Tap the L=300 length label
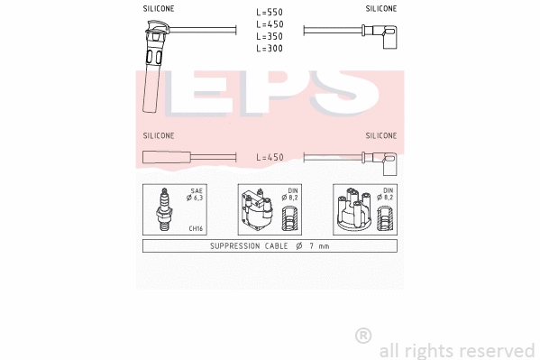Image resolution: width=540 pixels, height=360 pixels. [x=270, y=49]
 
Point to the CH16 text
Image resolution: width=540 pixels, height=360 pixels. [x=196, y=229]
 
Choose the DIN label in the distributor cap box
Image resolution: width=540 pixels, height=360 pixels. [x=388, y=191]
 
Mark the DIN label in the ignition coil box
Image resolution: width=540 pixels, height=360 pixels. [x=292, y=191]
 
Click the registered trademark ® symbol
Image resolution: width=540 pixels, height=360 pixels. [x=363, y=336]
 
